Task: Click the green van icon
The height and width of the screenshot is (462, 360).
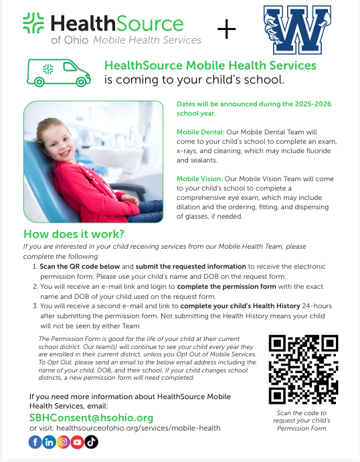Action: [58, 72]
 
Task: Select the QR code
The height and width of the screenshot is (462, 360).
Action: [300, 368]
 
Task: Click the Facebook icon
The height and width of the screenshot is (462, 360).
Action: [35, 441]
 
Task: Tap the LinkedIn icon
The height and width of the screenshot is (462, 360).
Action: [50, 441]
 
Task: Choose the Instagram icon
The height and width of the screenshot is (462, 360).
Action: [64, 441]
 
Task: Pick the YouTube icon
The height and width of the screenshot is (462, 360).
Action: [78, 441]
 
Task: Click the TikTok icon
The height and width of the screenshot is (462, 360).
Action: [92, 441]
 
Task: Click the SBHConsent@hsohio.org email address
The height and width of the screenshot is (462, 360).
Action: [92, 417]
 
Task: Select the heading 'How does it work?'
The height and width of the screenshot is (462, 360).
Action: [74, 235]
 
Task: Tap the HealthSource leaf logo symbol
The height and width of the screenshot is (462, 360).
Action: [34, 24]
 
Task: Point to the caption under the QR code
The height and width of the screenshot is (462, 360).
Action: [300, 421]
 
